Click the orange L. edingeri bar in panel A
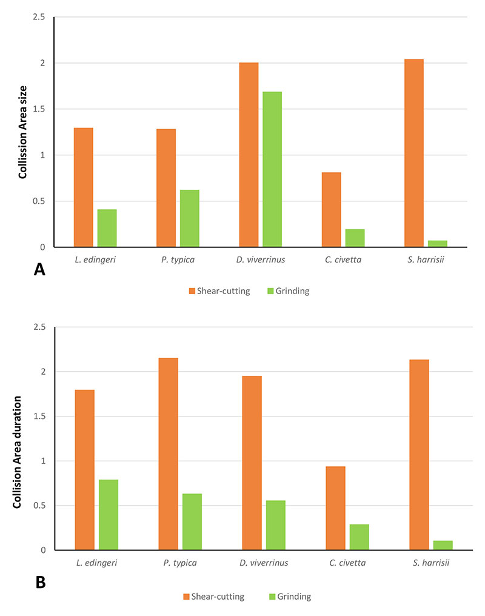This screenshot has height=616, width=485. (x=83, y=187)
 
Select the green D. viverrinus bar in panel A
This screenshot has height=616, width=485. (x=272, y=169)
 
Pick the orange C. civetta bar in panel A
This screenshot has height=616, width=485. (x=331, y=209)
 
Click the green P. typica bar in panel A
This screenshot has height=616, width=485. (x=189, y=218)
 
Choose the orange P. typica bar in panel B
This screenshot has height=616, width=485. (x=168, y=454)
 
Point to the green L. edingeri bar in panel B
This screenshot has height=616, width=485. (x=108, y=515)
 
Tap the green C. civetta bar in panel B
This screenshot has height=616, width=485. (x=359, y=537)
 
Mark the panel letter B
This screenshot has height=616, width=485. (x=41, y=582)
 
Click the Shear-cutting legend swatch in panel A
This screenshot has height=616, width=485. (x=192, y=291)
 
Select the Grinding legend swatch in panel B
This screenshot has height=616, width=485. (x=272, y=597)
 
